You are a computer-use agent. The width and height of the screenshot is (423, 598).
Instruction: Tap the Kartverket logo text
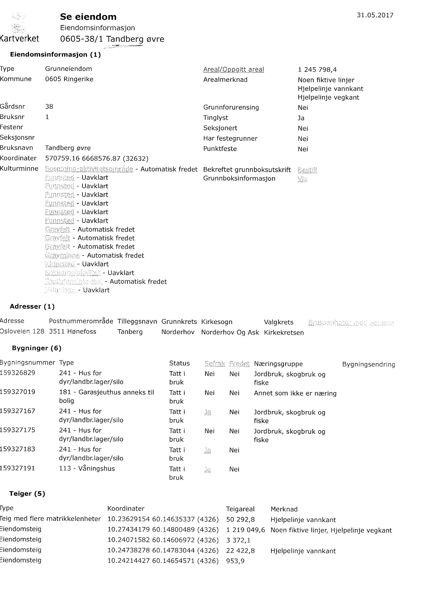(20, 39)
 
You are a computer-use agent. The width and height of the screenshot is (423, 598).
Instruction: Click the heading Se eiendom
(88, 17)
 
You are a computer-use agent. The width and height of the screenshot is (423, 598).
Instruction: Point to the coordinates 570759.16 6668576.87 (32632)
(97, 158)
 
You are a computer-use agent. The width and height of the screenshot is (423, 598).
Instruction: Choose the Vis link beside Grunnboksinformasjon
(302, 179)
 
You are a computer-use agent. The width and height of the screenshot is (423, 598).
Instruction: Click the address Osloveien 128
(22, 331)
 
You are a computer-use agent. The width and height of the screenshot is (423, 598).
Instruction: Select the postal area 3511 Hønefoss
(72, 331)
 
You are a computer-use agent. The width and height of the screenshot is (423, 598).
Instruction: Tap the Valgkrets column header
(278, 322)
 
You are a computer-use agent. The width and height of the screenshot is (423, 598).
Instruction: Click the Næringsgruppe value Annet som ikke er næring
(295, 393)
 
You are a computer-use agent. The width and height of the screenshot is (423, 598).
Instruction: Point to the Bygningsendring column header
(368, 364)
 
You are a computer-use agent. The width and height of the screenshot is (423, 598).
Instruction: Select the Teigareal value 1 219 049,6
(245, 530)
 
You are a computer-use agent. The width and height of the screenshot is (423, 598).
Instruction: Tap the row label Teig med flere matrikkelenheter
(50, 519)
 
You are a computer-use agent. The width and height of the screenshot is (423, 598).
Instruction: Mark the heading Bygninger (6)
(36, 348)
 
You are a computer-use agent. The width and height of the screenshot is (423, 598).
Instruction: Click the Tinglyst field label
(215, 118)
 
